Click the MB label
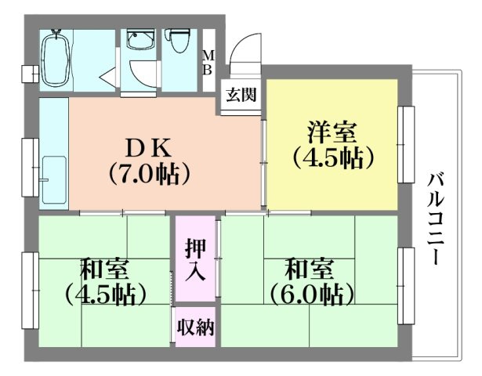[208, 62]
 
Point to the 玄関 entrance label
[241, 96]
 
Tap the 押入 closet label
[195, 259]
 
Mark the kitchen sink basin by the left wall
[54, 179]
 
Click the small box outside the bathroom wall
[29, 74]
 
